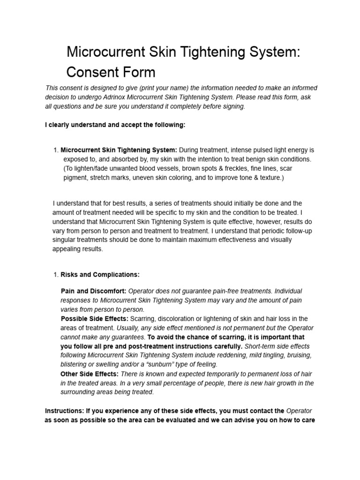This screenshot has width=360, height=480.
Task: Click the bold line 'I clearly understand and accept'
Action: pos(115,125)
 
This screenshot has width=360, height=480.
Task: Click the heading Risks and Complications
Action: pos(100,274)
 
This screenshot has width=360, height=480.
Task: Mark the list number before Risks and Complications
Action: pos(56,274)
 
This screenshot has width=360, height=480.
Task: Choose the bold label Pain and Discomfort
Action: pos(93,291)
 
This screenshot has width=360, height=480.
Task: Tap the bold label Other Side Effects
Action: pos(90,374)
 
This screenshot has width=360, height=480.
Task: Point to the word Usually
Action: pos(127,328)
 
